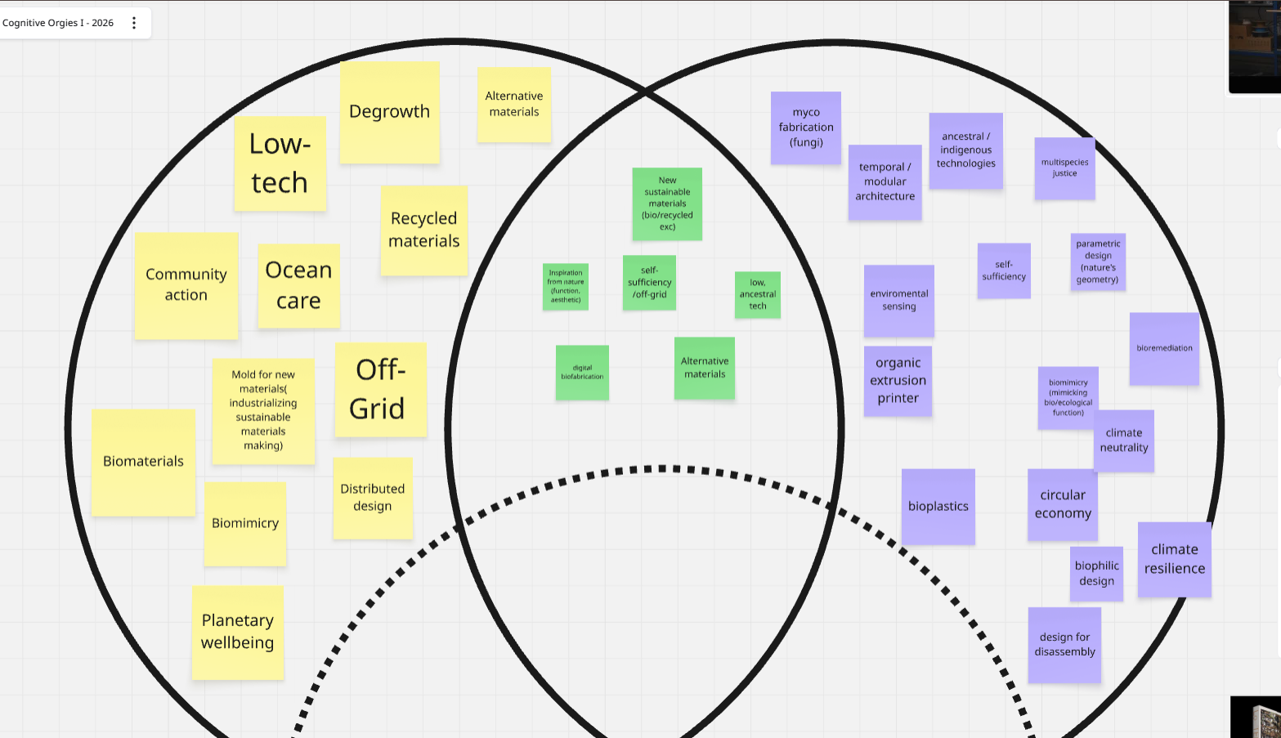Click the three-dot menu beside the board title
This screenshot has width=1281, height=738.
[134, 23]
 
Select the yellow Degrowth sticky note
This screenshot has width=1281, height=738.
[389, 112]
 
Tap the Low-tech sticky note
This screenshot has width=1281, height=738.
[280, 163]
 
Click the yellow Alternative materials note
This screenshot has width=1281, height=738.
[513, 105]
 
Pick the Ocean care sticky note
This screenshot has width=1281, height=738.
[298, 286]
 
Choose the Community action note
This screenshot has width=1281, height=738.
[186, 285]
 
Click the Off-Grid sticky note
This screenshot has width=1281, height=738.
[380, 389]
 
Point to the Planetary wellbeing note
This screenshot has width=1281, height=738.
[237, 632]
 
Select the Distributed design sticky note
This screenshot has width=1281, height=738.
[372, 498]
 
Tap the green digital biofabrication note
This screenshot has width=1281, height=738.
[582, 373]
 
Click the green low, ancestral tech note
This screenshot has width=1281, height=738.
[758, 294]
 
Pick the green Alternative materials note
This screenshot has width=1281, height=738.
[704, 368]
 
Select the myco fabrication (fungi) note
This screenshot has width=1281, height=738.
[805, 127]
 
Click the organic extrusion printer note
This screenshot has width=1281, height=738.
[898, 381]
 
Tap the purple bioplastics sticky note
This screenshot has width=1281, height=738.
[938, 507]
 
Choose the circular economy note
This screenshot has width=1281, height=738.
[1062, 504]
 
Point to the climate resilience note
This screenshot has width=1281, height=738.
[1174, 559]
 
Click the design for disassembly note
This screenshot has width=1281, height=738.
[1064, 645]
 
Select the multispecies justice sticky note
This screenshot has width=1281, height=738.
[1064, 168]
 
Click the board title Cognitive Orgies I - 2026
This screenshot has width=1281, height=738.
[58, 23]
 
